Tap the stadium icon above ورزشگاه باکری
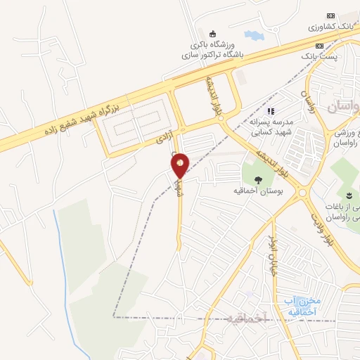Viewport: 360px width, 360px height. tap(213, 32)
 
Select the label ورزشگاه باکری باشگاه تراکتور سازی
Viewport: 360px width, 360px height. tap(211, 48)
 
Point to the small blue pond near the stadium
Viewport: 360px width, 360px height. tap(251, 34)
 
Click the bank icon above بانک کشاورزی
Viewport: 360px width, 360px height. tap(330, 16)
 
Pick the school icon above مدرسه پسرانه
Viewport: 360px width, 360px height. tap(271, 110)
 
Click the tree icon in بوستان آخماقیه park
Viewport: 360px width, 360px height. tap(258, 179)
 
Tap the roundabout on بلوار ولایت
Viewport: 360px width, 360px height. tap(304, 192)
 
